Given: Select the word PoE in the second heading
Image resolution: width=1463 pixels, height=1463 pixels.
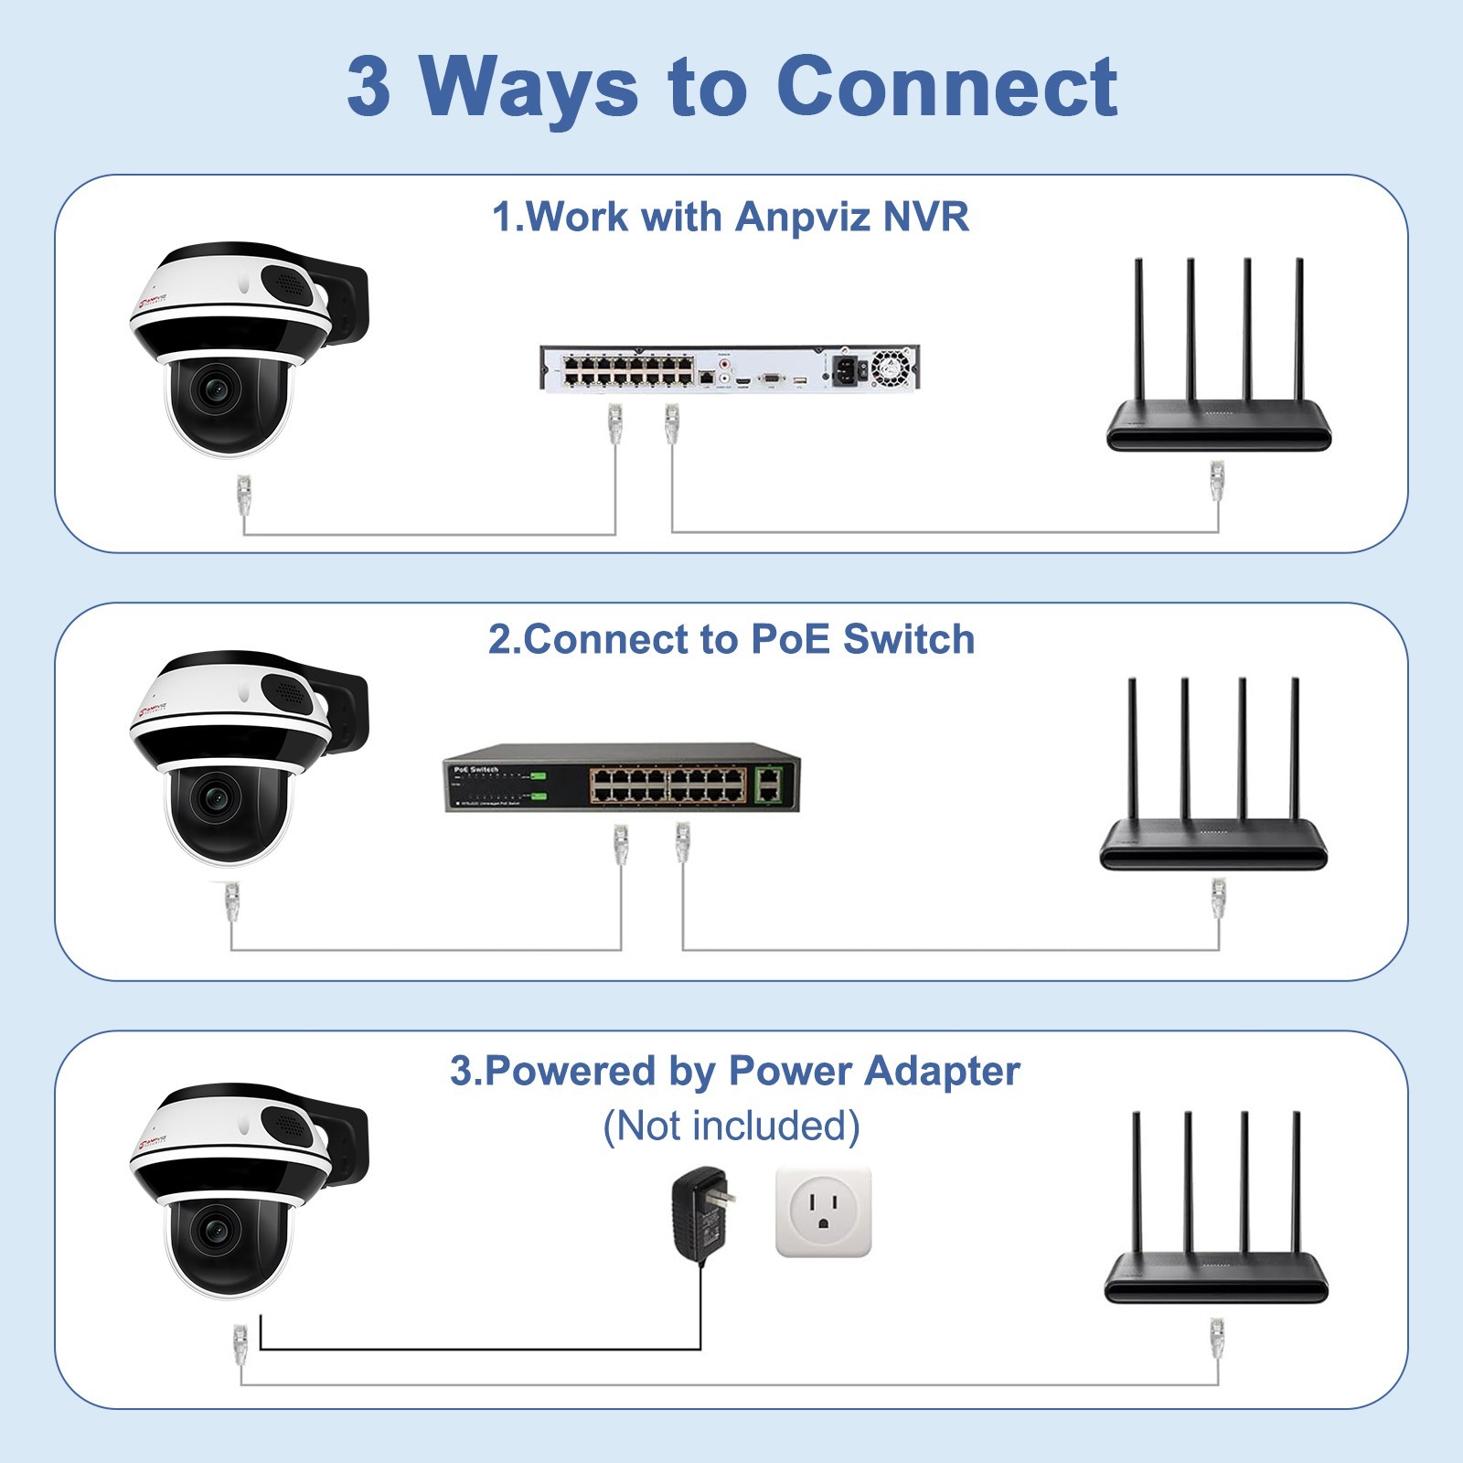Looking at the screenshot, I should pyautogui.click(x=791, y=639).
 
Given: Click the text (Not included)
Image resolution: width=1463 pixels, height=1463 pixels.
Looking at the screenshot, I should pyautogui.click(x=731, y=1126).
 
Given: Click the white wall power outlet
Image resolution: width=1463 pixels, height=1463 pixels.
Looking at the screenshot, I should pyautogui.click(x=823, y=1212).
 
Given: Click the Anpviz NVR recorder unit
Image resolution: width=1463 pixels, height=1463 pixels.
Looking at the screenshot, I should pyautogui.click(x=730, y=368).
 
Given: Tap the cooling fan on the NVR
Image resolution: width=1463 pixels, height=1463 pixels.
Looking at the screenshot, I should pyautogui.click(x=892, y=368).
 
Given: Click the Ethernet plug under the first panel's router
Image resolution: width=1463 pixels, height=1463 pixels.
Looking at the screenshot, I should pyautogui.click(x=1217, y=482).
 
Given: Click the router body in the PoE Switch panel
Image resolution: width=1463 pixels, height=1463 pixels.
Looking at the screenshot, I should pyautogui.click(x=1213, y=846).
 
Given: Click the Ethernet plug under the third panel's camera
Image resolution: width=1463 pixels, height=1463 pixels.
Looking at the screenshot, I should pyautogui.click(x=240, y=1344).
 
